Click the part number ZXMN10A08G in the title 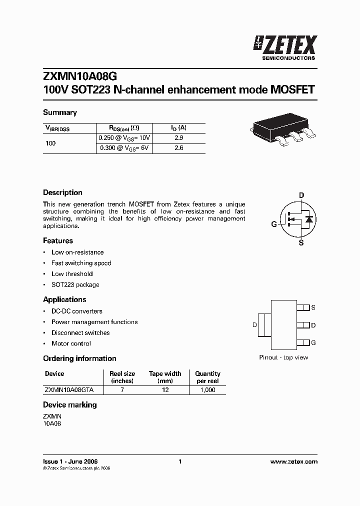point(80,76)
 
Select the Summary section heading point(59,112)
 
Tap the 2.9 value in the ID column point(178,137)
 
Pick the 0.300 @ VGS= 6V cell point(125,148)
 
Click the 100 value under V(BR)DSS point(50,143)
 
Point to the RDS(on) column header point(125,127)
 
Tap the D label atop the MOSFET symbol point(301,195)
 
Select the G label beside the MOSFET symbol point(273,224)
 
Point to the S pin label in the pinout point(313,308)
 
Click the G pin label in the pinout point(313,342)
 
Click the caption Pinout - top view point(283,357)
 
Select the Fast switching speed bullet point(81,263)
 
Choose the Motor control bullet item point(71,343)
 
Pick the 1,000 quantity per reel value point(207,390)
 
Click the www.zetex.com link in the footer point(293,461)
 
